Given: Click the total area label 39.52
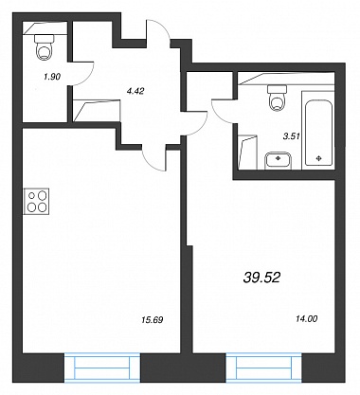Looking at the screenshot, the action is tap(261, 278).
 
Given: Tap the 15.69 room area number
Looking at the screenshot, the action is tap(153, 320).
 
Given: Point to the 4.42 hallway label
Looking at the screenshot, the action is tap(135, 91).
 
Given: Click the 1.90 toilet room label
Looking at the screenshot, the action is tap(52, 77).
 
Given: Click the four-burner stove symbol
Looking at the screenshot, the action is tap(36, 201).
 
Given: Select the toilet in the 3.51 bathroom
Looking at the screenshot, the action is tap(277, 98).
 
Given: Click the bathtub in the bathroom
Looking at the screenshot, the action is tap(318, 130).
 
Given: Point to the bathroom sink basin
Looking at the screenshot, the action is tap(278, 161).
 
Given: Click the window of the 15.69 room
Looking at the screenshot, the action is tap(102, 368).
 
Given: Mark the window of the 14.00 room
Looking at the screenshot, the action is tap(264, 368).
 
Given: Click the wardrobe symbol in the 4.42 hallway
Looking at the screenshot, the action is tap(97, 111).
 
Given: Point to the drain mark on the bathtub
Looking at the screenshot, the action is tap(319, 158).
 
